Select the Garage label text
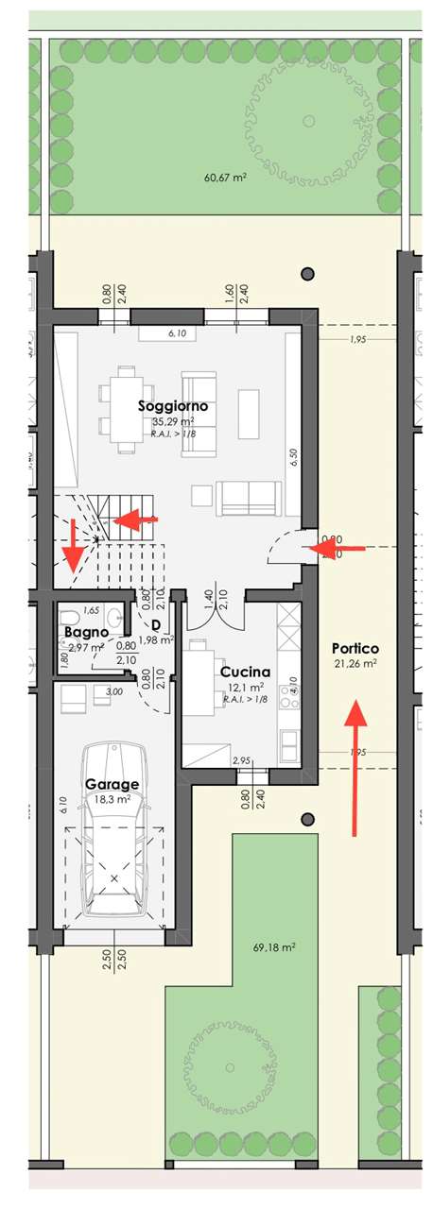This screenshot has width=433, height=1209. click(113, 784)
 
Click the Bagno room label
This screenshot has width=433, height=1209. click(83, 632)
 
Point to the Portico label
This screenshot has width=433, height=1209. click(355, 649)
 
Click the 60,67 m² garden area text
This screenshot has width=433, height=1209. click(225, 177)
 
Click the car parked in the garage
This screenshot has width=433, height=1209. click(113, 831)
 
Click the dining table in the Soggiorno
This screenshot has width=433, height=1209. click(126, 409)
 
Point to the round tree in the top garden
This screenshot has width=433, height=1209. click(308, 120)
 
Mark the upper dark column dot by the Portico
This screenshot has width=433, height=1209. click(306, 274)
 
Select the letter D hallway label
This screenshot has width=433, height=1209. click(155, 624)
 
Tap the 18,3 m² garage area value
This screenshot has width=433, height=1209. click(113, 799)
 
